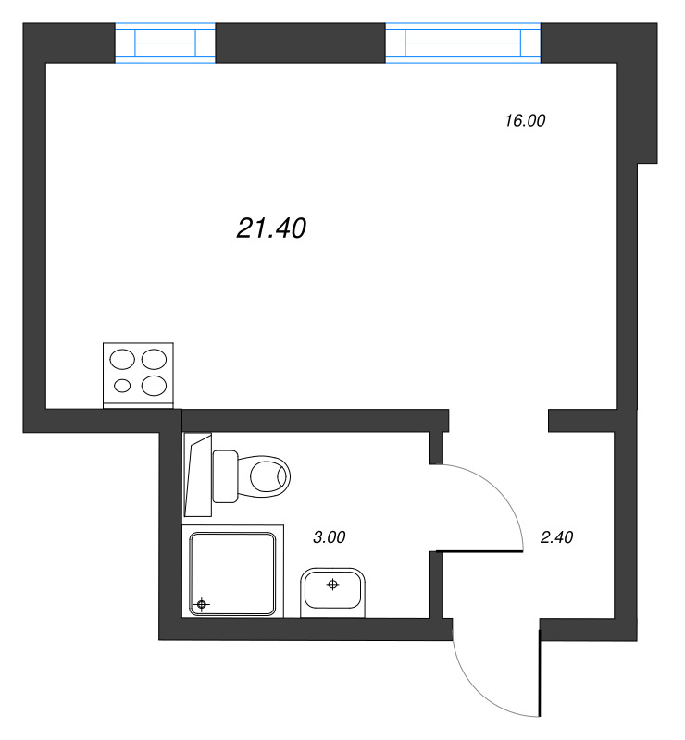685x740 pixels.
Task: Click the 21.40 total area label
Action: (x=271, y=228)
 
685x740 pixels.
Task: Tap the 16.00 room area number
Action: (x=526, y=119)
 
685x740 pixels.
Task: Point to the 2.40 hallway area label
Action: (x=558, y=536)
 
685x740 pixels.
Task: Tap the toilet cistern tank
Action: (x=226, y=475)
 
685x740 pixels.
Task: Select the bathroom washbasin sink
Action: (x=333, y=592)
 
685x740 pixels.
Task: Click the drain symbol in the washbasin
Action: (x=333, y=584)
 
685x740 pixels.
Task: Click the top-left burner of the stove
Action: (x=122, y=359)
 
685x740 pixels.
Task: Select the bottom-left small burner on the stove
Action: (x=122, y=385)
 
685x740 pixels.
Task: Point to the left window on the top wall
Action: (x=166, y=43)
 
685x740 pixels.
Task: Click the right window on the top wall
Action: (x=462, y=43)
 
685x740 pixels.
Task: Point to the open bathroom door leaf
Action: (x=481, y=551)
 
